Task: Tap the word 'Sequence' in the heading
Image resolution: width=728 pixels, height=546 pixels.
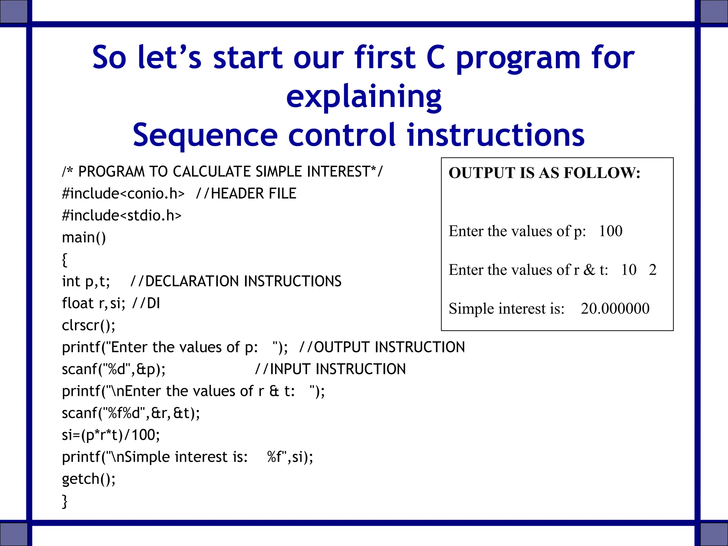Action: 205,135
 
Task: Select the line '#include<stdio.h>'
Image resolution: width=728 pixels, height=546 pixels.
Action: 122,215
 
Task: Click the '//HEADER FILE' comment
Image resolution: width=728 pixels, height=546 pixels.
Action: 246,194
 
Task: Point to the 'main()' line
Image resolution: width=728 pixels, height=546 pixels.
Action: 84,237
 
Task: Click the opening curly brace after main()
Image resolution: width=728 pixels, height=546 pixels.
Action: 64,259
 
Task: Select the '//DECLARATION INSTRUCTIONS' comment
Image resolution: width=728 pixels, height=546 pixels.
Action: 236,281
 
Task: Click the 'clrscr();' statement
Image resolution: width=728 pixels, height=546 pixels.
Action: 89,325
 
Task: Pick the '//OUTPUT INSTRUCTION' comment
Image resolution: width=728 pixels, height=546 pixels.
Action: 382,347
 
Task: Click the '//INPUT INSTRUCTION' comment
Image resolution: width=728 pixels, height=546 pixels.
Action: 331,369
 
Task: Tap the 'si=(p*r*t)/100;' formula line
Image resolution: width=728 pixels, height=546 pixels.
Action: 111,435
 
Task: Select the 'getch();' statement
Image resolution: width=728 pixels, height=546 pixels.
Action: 89,479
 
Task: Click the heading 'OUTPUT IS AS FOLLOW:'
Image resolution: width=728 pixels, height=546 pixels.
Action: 544,173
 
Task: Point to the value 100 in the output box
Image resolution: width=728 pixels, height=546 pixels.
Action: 611,231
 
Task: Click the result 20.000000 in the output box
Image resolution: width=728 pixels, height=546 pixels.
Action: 615,309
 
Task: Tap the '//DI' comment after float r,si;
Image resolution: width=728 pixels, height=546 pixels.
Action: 146,303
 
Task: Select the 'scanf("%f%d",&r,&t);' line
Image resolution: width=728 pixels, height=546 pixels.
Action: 131,413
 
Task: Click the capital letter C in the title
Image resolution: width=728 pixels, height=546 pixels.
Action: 435,58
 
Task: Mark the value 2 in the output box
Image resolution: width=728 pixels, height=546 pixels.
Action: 652,270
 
